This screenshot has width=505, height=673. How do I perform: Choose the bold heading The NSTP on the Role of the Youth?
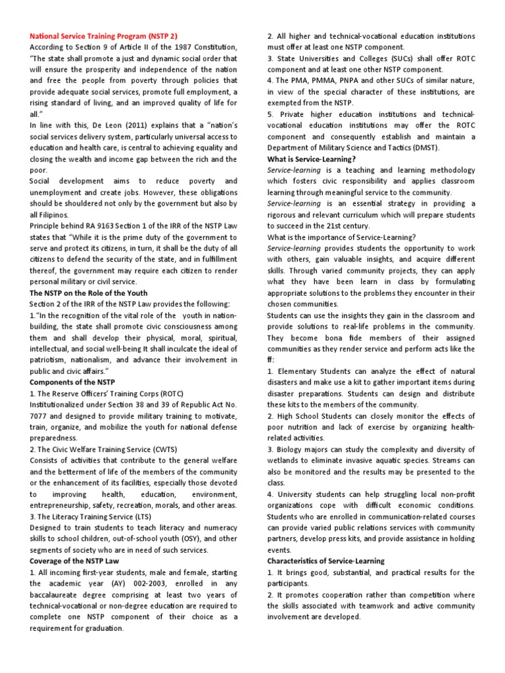point(88,293)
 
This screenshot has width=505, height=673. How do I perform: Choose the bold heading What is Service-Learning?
point(312,159)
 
